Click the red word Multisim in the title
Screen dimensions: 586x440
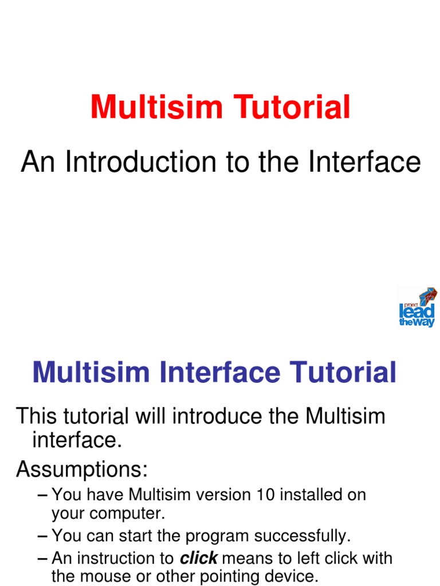coord(147,108)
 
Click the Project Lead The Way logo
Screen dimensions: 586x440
coord(417,308)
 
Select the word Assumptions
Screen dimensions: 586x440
coord(81,470)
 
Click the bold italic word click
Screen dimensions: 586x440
coord(198,558)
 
